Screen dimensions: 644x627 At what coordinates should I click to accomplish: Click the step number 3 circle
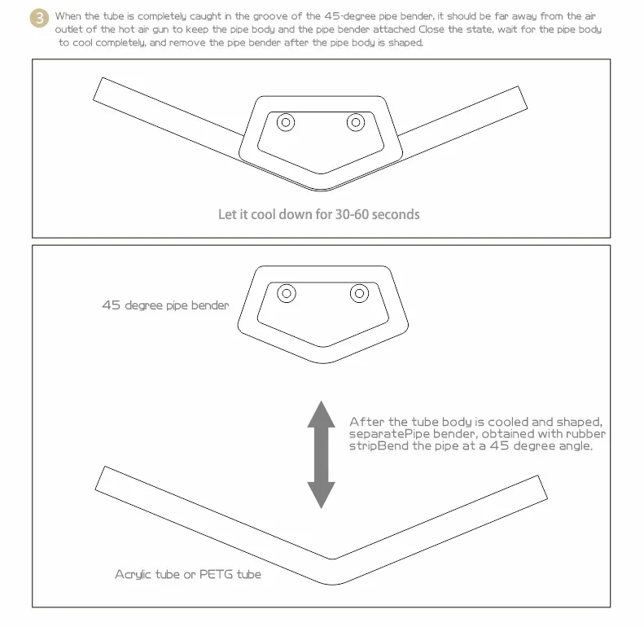pyautogui.click(x=39, y=18)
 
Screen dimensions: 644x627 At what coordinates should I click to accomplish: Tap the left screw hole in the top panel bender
pyautogui.click(x=286, y=122)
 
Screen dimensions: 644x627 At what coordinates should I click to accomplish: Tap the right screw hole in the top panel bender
pyautogui.click(x=356, y=122)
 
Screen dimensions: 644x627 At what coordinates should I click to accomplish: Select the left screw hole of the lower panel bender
pyautogui.click(x=287, y=293)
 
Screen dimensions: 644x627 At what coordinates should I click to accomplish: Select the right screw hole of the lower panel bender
pyautogui.click(x=359, y=293)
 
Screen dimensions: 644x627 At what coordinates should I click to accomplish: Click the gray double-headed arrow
pyautogui.click(x=321, y=455)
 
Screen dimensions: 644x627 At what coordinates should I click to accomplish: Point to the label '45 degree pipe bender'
pyautogui.click(x=165, y=305)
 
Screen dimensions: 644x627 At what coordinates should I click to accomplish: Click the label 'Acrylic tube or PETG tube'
pyautogui.click(x=188, y=574)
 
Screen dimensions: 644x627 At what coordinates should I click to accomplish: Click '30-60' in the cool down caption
pyautogui.click(x=352, y=214)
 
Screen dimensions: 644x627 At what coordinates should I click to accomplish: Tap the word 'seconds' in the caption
pyautogui.click(x=396, y=214)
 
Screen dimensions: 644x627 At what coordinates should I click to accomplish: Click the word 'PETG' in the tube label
pyautogui.click(x=214, y=574)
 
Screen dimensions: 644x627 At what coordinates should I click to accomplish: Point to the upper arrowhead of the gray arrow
pyautogui.click(x=321, y=414)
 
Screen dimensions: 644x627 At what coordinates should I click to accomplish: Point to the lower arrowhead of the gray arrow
pyautogui.click(x=321, y=495)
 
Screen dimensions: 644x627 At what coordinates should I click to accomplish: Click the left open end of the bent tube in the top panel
pyautogui.click(x=98, y=89)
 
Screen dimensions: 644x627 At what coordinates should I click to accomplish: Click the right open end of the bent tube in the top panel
pyautogui.click(x=523, y=98)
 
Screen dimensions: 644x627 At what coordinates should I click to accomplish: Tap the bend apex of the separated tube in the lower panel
pyautogui.click(x=333, y=572)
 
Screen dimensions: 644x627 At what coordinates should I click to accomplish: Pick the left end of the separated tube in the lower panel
pyautogui.click(x=100, y=478)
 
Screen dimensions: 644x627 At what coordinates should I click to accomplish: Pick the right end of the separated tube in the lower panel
pyautogui.click(x=542, y=487)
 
